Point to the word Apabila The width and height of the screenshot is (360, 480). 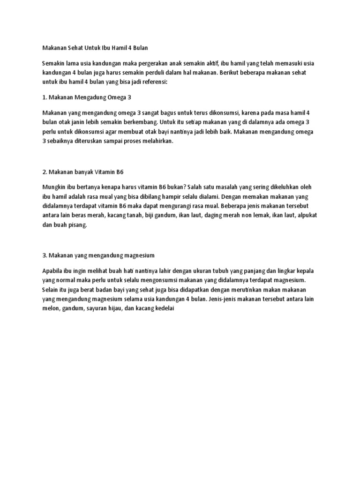[x=53, y=271]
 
